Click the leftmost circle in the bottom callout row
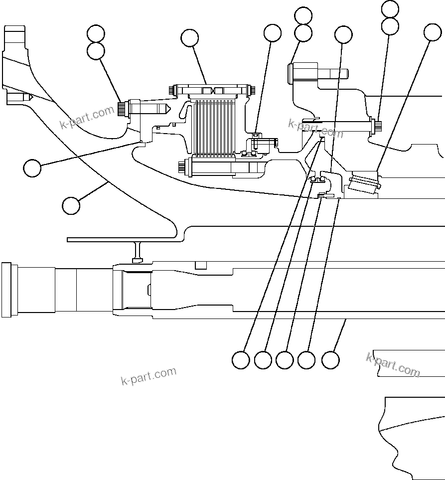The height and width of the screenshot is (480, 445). click(x=241, y=360)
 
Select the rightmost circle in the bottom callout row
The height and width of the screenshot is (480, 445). click(x=330, y=360)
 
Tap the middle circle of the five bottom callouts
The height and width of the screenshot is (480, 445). click(x=285, y=360)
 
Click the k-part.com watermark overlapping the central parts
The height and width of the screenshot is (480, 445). click(x=315, y=128)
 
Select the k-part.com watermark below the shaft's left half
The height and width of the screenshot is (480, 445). click(x=148, y=376)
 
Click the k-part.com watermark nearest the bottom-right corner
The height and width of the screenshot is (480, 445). click(x=393, y=364)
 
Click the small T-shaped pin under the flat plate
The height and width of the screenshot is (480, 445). click(x=138, y=252)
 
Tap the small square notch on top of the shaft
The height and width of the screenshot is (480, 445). click(x=201, y=264)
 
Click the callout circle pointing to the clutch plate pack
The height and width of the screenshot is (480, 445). click(x=189, y=37)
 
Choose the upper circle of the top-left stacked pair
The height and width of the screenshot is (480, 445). click(x=95, y=34)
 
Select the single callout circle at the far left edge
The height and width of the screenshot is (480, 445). click(x=32, y=168)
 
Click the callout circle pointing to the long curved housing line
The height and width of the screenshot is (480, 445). click(x=71, y=205)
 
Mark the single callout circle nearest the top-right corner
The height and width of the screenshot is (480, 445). click(x=433, y=32)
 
